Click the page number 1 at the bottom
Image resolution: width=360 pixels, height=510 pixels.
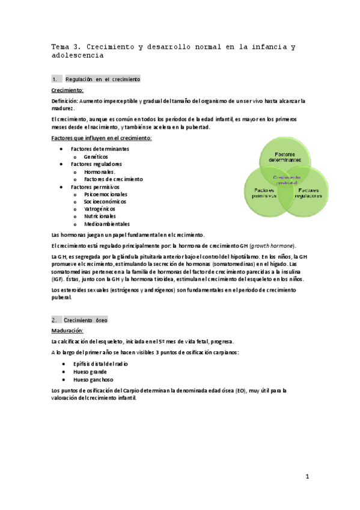click(x=307, y=476)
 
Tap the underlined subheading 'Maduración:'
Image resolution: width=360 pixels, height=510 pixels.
click(x=68, y=331)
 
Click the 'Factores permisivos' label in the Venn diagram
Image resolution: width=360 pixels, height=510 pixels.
click(x=263, y=192)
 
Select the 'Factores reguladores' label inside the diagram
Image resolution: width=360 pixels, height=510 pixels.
click(x=308, y=192)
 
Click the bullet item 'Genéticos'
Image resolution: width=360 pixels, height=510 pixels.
click(x=96, y=156)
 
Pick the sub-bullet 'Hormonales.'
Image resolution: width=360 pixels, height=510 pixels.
click(x=100, y=171)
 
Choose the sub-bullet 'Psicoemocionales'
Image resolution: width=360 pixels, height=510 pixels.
click(x=106, y=194)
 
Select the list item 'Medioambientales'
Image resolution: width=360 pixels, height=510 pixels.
click(x=107, y=224)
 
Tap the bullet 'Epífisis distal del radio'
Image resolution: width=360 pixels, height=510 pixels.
click(x=100, y=364)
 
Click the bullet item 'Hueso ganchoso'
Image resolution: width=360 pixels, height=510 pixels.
click(x=93, y=379)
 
